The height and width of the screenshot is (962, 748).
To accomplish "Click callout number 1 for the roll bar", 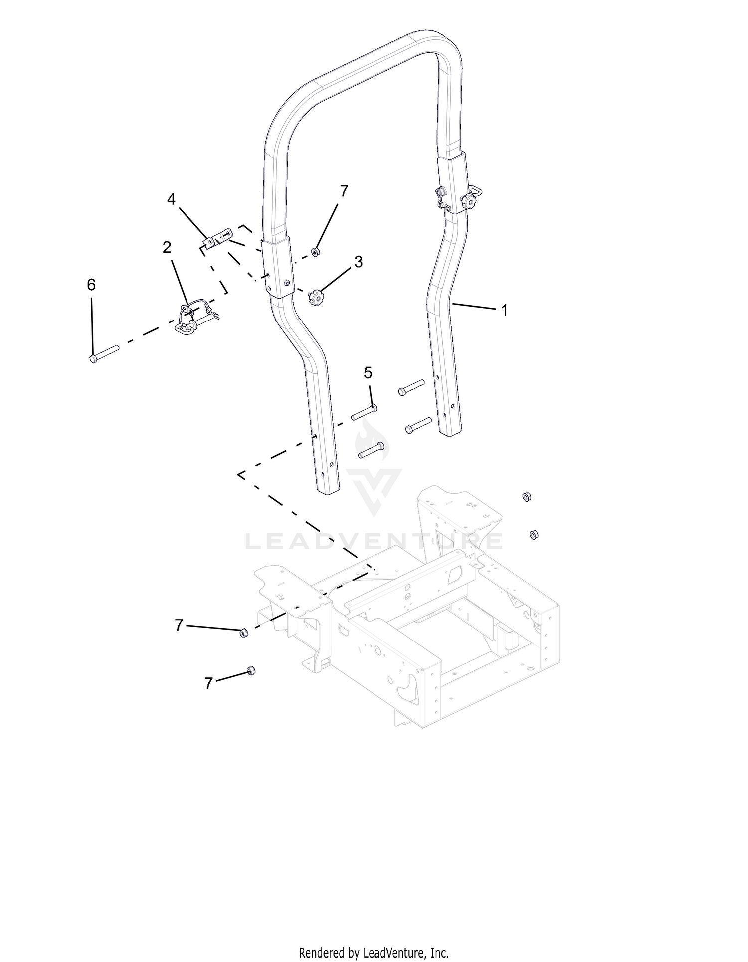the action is point(504,311).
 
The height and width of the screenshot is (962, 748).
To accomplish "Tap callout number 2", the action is point(167,247).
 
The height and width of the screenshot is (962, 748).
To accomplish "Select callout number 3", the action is point(358,262).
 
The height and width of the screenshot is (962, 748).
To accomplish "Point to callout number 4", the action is point(171,199).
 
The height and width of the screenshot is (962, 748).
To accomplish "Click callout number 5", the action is point(368,372).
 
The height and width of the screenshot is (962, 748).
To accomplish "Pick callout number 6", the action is point(91,285).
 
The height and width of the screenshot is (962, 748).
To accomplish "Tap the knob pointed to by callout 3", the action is point(314,298).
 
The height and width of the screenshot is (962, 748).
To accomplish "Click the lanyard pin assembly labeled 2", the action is point(195,318).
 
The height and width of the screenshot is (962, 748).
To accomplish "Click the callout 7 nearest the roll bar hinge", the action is point(344,191).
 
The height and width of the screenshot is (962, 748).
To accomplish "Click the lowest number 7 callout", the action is point(208,683).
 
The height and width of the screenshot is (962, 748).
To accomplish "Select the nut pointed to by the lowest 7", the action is point(251,671).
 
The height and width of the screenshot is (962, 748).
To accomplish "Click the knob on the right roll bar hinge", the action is point(469,201).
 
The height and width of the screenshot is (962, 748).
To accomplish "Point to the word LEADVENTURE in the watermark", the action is point(374,541).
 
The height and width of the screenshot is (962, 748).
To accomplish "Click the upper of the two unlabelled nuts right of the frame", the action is point(526,496).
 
